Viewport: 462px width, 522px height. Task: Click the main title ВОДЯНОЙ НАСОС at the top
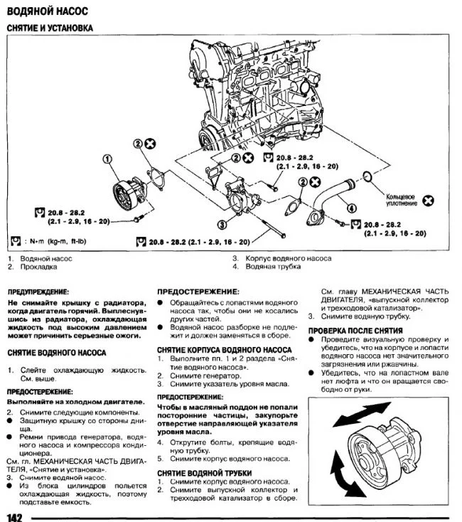[46, 12]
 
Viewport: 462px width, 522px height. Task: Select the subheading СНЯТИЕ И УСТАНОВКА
[49, 28]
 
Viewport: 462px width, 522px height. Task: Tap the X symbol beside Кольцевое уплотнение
[428, 201]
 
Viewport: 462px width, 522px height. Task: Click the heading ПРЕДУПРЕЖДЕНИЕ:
[38, 292]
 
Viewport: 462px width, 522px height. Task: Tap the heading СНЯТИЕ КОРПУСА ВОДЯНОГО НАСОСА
[224, 351]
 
